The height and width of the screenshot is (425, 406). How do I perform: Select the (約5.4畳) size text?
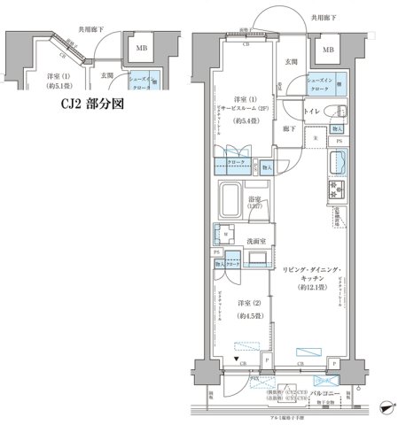coord(246,120)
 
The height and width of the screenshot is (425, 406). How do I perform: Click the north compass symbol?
coord(386,407)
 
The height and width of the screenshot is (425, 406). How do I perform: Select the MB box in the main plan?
coord(329,50)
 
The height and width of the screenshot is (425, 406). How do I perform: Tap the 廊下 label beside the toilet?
coord(289,127)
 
